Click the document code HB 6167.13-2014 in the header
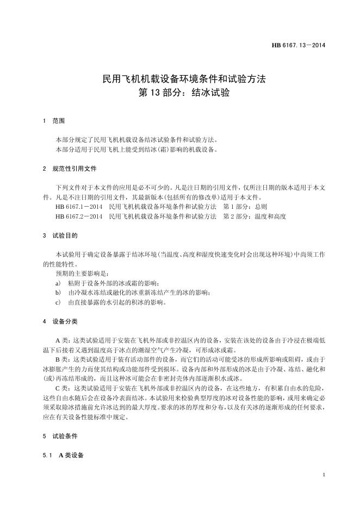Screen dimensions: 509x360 [298, 45]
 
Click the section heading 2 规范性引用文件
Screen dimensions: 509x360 [70, 169]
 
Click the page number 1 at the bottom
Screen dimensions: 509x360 [324, 475]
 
